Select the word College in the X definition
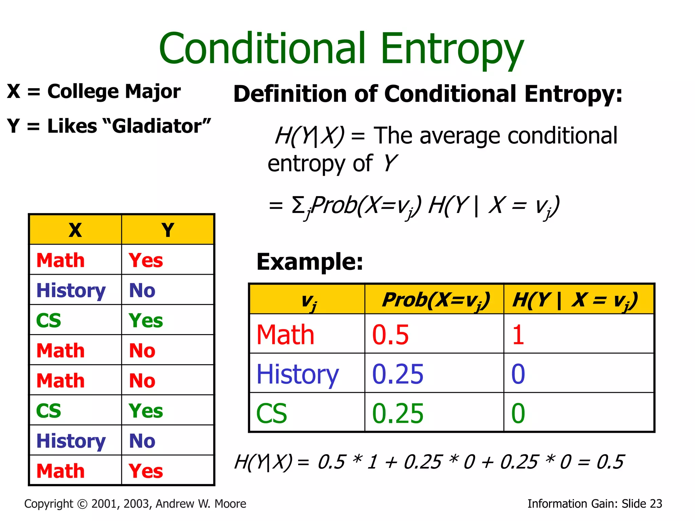[x=83, y=92]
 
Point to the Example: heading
[x=309, y=262]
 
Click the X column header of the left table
[x=75, y=230]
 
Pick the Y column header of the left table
[x=168, y=230]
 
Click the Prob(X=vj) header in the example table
[x=436, y=300]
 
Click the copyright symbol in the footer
[x=82, y=504]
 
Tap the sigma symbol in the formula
[x=298, y=205]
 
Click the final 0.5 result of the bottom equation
[x=610, y=462]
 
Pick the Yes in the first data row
[x=146, y=260]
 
